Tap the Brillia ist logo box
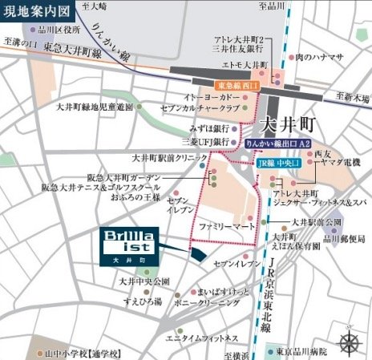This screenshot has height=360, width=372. point(129,245)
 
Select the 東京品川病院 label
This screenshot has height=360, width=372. point(308,350)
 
